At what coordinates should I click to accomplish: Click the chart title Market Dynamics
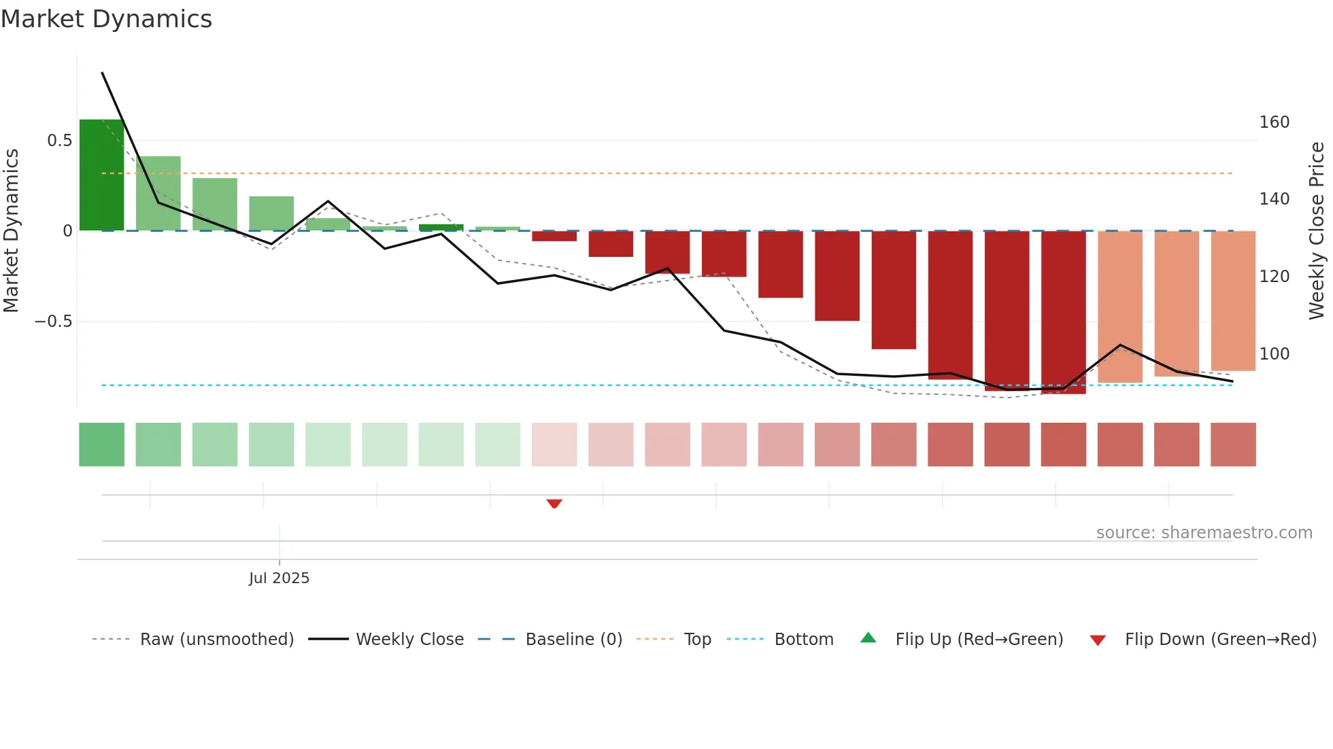click(x=107, y=19)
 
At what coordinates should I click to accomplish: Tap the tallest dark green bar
click(x=101, y=175)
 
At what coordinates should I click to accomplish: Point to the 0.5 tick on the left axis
click(x=59, y=141)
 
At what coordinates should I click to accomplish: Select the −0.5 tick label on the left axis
click(x=54, y=321)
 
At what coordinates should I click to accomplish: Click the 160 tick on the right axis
click(x=1274, y=122)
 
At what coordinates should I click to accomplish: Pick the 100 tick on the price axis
click(x=1274, y=354)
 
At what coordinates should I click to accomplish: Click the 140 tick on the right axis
click(x=1274, y=199)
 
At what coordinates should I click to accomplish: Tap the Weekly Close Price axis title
click(x=1317, y=231)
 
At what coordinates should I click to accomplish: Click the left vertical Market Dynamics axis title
click(x=11, y=231)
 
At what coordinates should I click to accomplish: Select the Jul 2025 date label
click(x=279, y=578)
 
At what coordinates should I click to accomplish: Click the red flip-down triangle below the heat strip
click(x=554, y=504)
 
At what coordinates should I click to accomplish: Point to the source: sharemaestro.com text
click(x=1204, y=533)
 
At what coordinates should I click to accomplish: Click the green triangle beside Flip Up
click(x=868, y=638)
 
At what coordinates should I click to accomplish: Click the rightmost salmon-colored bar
click(x=1233, y=301)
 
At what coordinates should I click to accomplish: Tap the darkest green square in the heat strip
click(x=101, y=445)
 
